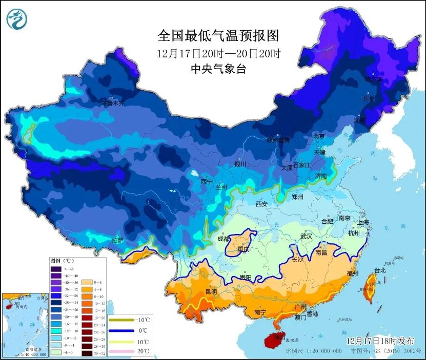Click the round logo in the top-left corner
pyautogui.click(x=17, y=18)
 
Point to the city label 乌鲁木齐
pyautogui.click(x=112, y=103)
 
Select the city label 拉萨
pyautogui.click(x=117, y=240)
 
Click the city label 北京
pyautogui.click(x=319, y=136)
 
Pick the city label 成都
pyautogui.click(x=223, y=239)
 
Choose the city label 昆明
pyautogui.click(x=211, y=291)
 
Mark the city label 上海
pyautogui.click(x=363, y=222)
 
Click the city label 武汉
pyautogui.click(x=306, y=237)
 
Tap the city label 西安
pyautogui.click(x=261, y=204)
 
